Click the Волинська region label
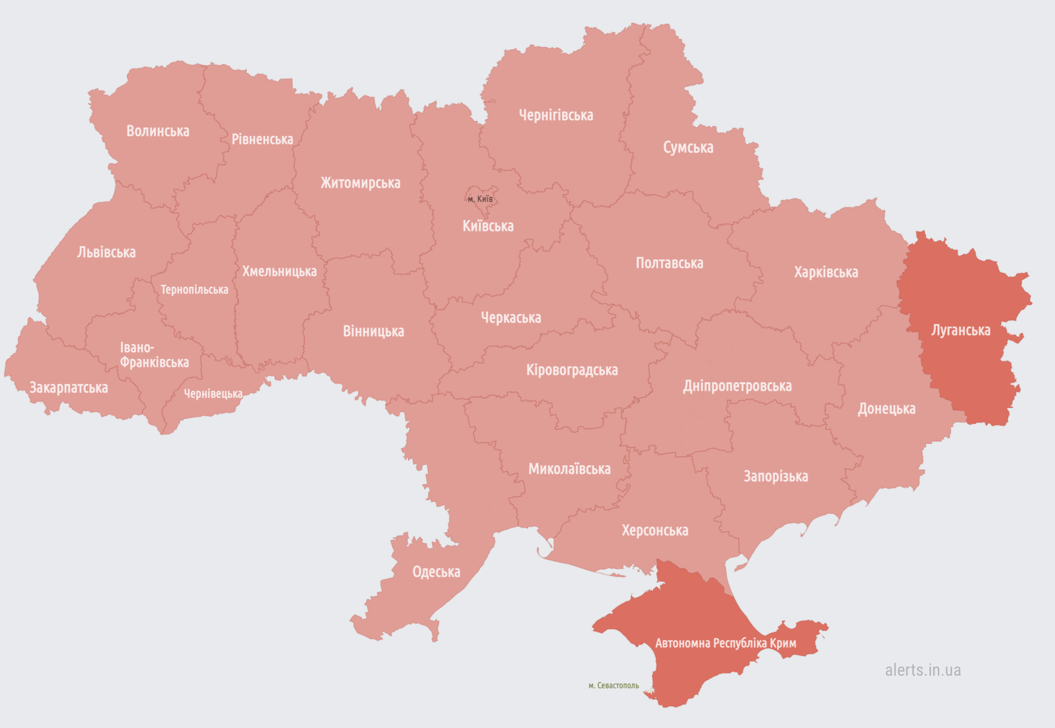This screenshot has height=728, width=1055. (158, 131)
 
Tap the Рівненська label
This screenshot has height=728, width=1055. (262, 139)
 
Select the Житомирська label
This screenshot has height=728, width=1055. (360, 183)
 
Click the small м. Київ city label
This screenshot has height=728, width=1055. (480, 199)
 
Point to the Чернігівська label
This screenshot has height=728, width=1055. (556, 115)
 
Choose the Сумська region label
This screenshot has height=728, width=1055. (688, 148)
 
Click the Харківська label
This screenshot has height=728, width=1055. (826, 272)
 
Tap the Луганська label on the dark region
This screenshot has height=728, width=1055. (961, 330)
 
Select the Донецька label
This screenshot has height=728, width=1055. (887, 409)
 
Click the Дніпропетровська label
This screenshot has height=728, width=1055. (737, 386)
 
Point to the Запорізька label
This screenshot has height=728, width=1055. (776, 477)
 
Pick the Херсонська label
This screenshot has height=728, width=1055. (655, 531)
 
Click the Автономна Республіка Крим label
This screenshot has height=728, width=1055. (726, 643)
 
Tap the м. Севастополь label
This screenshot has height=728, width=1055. (613, 686)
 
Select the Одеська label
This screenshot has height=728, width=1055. (436, 572)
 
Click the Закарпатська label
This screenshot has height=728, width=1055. (69, 388)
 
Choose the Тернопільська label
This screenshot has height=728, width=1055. (195, 290)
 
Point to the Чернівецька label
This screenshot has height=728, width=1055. (213, 394)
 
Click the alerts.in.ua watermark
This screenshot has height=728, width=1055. (922, 670)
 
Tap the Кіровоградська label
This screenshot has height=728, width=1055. (572, 370)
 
